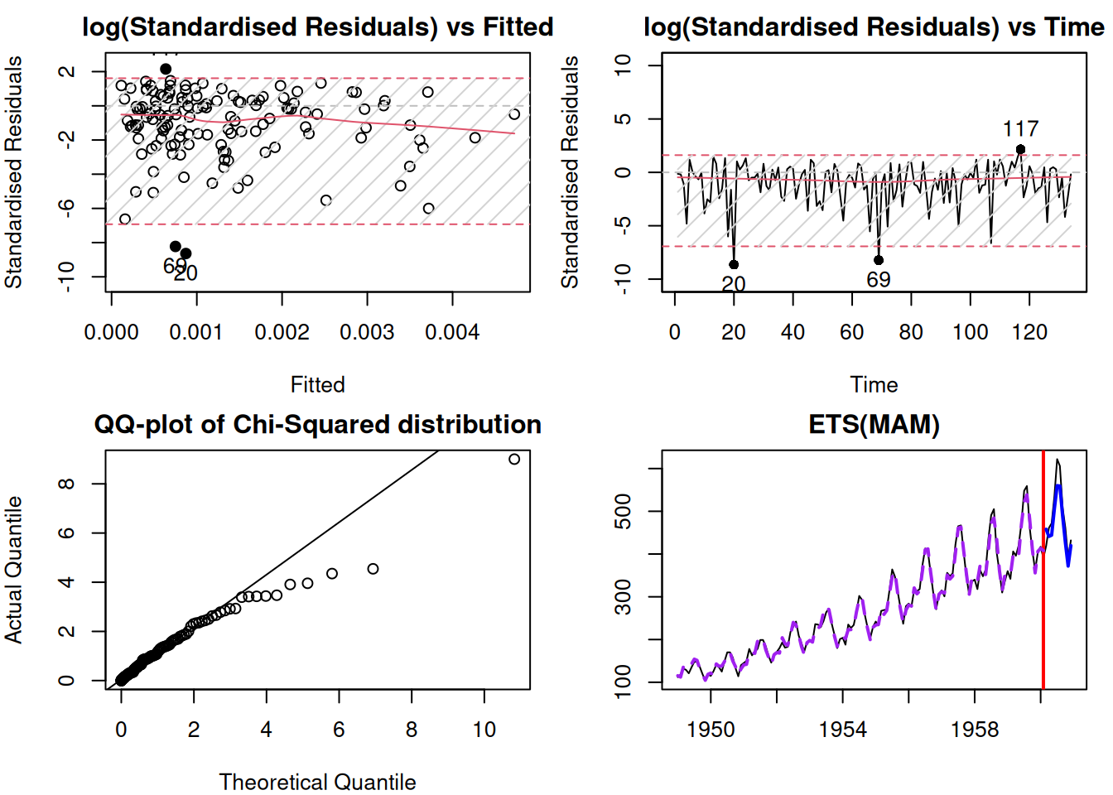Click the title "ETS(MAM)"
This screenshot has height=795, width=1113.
click(874, 425)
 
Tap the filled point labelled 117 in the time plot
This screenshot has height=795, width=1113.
click(1020, 150)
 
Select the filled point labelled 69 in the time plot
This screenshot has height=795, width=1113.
click(879, 260)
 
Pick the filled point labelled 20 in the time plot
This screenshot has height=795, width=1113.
click(734, 265)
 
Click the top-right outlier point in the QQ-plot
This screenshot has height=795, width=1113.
click(514, 459)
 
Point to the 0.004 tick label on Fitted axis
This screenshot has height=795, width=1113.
click(452, 333)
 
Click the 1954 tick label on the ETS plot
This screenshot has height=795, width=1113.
click(842, 730)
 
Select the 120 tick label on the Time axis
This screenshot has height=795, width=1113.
click(1029, 333)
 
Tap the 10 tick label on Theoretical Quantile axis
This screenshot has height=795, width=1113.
click(484, 730)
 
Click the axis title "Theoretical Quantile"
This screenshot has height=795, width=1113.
click(317, 782)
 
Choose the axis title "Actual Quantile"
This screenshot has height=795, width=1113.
click(13, 570)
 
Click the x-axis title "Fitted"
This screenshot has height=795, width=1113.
click(317, 385)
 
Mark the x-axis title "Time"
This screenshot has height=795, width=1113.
click(874, 385)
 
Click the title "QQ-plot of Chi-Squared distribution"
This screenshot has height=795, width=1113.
click(317, 425)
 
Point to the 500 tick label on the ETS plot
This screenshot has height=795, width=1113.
click(623, 512)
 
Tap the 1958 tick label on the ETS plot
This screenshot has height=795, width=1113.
click(975, 730)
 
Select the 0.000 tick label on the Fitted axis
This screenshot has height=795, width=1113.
click(112, 333)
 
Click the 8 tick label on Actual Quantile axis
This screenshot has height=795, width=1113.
click(66, 484)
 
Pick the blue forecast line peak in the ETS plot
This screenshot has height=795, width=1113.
click(1058, 486)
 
